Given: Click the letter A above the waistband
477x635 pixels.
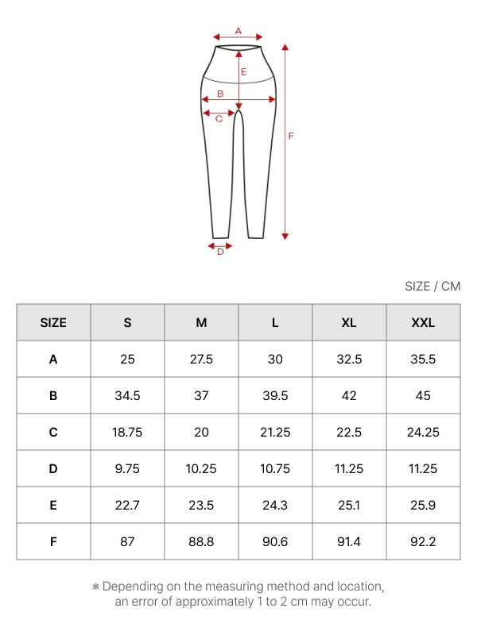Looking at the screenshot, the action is click(238, 31).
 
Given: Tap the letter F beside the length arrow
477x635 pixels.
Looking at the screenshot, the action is click(291, 136).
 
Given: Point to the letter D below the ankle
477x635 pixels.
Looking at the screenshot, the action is click(220, 252).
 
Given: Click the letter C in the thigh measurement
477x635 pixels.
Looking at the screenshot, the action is click(219, 118).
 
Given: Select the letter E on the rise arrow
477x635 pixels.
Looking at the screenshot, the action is click(244, 72).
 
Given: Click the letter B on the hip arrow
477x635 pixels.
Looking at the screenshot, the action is click(220, 94).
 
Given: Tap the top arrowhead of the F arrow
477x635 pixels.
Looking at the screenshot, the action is click(285, 47).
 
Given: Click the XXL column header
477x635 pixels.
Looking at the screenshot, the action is click(423, 323).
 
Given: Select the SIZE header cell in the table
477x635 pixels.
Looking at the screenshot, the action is click(53, 323).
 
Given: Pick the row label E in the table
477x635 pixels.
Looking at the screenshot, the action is click(53, 505).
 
